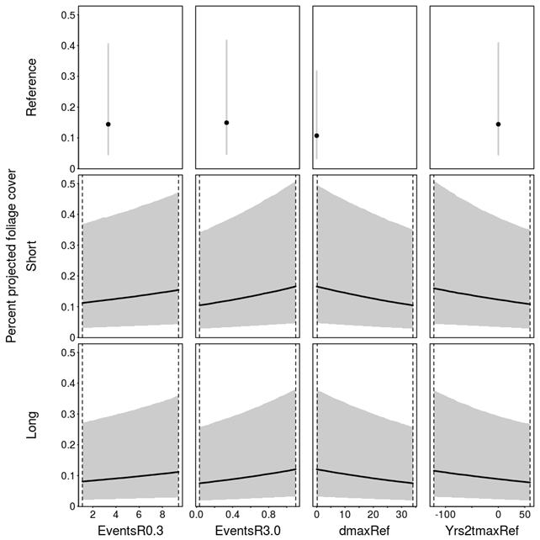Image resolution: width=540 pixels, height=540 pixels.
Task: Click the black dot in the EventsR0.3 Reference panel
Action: click(109, 124)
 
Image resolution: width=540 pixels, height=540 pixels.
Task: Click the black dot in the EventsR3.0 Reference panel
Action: click(226, 123)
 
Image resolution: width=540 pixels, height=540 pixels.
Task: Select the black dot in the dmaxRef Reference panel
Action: click(316, 135)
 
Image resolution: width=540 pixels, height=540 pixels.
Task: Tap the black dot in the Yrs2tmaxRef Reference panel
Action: click(499, 124)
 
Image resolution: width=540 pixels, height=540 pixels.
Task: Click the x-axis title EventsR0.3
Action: click(130, 530)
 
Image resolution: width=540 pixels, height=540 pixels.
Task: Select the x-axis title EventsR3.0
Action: click(247, 530)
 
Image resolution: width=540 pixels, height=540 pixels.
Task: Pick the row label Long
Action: click(32, 423)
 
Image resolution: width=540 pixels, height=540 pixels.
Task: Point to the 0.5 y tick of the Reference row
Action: click(66, 15)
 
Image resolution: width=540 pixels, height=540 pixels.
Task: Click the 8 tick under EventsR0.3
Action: click(163, 514)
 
